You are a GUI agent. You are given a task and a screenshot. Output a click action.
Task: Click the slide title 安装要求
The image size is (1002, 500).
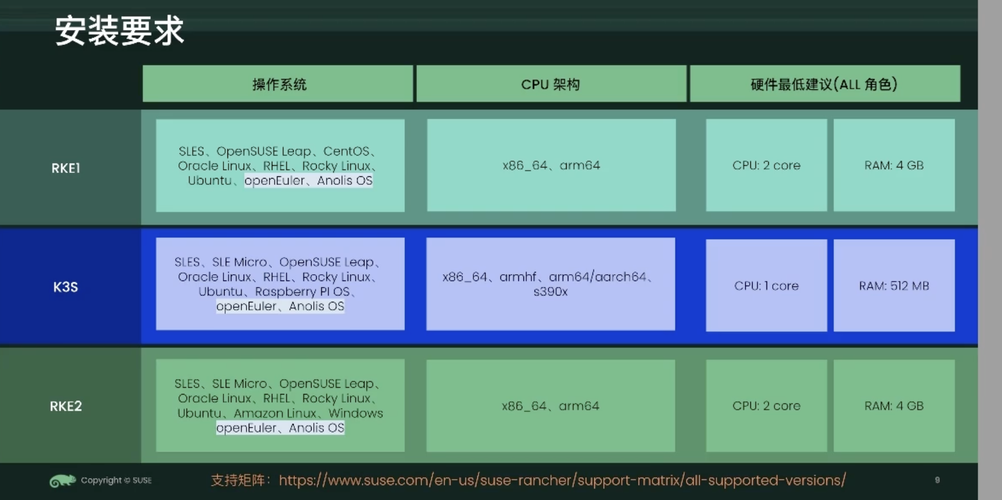(119, 31)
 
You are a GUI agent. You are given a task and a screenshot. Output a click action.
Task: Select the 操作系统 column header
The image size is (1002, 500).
(279, 85)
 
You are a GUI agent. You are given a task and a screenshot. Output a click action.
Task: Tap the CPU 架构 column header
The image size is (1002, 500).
(551, 85)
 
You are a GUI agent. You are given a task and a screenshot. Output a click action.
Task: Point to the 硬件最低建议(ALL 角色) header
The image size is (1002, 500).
(824, 85)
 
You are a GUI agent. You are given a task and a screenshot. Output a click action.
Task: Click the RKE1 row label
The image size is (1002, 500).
(66, 168)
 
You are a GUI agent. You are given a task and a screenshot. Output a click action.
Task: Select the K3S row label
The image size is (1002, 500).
(65, 287)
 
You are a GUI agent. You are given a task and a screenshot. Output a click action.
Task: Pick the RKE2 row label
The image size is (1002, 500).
(66, 406)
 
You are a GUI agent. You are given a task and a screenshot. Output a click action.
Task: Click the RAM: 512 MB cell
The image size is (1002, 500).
(894, 286)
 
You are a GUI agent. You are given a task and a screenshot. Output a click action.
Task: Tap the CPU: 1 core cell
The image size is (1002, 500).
(766, 286)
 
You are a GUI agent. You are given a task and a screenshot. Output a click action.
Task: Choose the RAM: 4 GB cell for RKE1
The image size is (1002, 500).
(894, 165)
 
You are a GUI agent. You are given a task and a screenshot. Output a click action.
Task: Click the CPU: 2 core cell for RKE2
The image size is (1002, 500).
(766, 406)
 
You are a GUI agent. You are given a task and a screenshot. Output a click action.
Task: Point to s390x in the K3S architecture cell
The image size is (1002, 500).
(551, 292)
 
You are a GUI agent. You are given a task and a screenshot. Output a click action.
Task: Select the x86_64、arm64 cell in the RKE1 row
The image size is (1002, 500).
(551, 165)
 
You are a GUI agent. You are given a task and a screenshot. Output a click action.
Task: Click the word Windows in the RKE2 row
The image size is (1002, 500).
(355, 413)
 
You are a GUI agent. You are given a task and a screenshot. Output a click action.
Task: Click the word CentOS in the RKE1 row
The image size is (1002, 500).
(346, 151)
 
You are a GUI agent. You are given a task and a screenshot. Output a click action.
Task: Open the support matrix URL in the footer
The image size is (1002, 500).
(562, 480)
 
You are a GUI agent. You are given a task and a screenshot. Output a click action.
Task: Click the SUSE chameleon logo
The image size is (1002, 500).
(62, 480)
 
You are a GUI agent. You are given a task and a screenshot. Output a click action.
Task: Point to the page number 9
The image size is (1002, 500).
(937, 480)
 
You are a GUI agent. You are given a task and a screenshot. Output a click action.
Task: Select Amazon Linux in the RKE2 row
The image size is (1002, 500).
(275, 413)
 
